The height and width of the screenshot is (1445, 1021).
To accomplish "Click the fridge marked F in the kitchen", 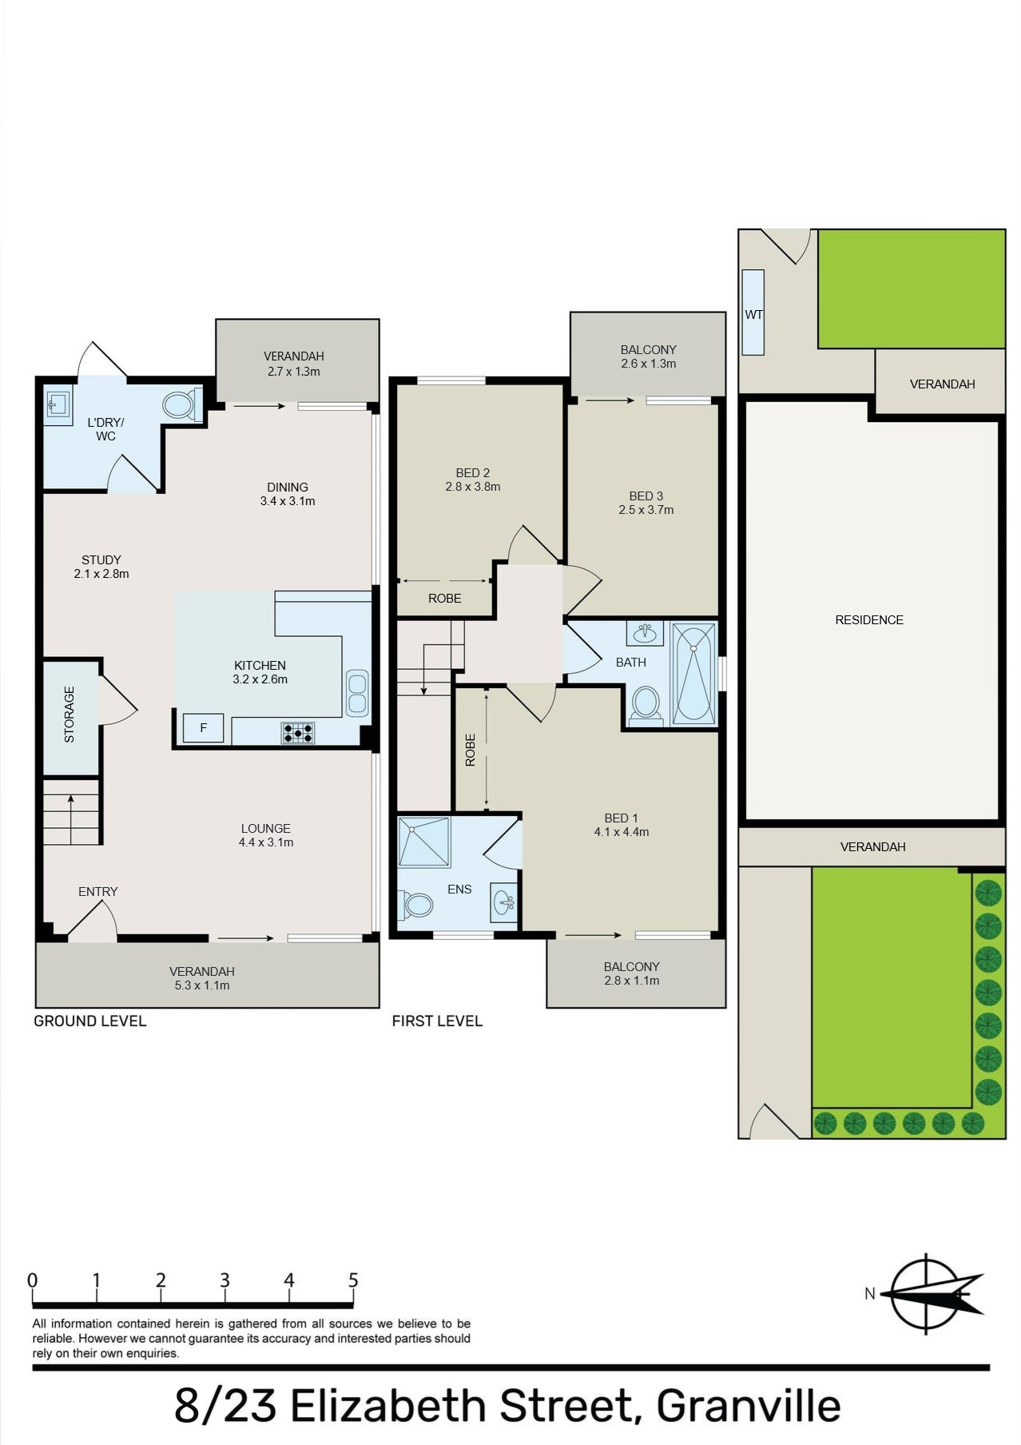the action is (x=203, y=728).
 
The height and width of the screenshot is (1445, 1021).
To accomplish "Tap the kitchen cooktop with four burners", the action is (x=297, y=733).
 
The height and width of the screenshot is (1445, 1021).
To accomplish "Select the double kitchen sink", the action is (x=357, y=693).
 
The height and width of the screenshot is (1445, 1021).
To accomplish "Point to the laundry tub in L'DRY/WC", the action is (x=58, y=408).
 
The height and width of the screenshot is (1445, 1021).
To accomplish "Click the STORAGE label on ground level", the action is (x=69, y=715).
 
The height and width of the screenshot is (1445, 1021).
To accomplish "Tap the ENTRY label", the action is (x=98, y=891).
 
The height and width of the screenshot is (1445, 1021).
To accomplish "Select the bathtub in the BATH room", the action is (x=693, y=675).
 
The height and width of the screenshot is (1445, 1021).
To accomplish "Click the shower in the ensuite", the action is (x=424, y=842).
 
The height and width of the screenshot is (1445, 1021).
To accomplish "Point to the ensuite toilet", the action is (x=415, y=906).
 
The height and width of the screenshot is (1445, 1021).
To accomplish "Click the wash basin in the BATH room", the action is (x=645, y=634).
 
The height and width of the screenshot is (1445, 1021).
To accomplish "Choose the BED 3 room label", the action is (x=646, y=496).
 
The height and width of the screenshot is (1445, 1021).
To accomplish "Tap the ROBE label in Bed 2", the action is (x=445, y=599).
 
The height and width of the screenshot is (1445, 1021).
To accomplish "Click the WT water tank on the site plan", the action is (x=753, y=312).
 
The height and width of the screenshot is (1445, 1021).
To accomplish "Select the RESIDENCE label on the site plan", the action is (x=869, y=620).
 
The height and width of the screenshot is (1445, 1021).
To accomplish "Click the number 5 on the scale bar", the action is (x=353, y=1280).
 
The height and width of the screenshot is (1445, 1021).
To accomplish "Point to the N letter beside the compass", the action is (x=870, y=1294).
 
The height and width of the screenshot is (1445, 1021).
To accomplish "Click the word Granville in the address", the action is (x=749, y=1406).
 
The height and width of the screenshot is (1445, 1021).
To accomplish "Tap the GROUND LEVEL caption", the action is (x=90, y=1021).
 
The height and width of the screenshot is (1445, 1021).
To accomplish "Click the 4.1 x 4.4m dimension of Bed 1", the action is (x=622, y=832).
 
